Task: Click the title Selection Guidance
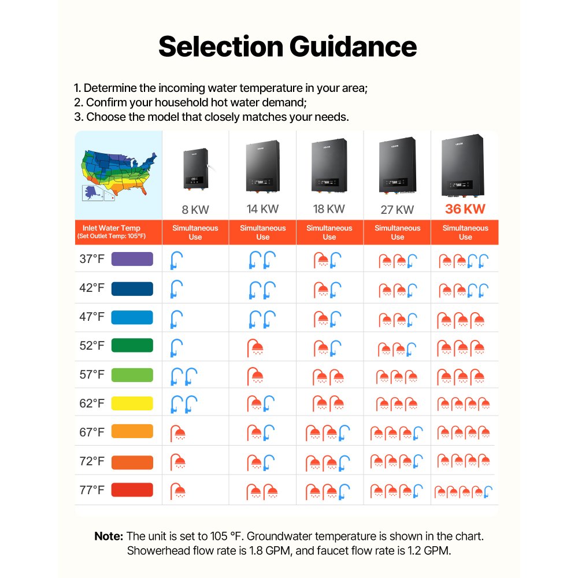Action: point(287,46)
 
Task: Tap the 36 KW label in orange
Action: point(465,209)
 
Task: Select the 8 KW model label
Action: point(195,210)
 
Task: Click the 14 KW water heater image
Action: point(262,166)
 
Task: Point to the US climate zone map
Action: point(118,175)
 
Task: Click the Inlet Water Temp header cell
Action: point(112,232)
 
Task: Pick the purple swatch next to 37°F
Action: point(132,259)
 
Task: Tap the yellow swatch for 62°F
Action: point(132,403)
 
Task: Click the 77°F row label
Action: point(92,490)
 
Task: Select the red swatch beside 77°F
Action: point(132,490)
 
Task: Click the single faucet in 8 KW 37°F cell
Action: point(176,260)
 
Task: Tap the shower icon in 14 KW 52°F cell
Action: point(255,348)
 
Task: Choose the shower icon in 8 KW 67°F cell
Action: point(177,433)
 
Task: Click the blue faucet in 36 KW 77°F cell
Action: point(488,492)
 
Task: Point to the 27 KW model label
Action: point(397,210)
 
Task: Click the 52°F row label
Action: point(92,346)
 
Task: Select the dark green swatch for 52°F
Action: point(132,346)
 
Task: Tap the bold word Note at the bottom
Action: point(109,536)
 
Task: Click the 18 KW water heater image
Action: point(329,165)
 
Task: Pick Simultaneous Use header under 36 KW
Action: point(465,232)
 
